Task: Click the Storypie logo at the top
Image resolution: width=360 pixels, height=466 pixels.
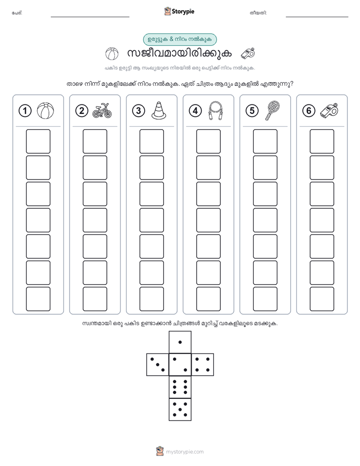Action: [x=179, y=12]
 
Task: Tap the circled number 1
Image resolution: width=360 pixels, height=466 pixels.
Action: [x=25, y=111]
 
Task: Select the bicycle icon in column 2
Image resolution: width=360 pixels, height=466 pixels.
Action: [x=102, y=110]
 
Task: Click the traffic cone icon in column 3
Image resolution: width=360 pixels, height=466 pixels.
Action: [x=159, y=110]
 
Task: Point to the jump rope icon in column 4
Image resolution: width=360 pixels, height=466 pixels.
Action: [x=216, y=110]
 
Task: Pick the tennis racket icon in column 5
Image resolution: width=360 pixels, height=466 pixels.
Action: [x=272, y=110]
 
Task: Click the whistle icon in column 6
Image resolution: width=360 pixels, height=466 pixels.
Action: [x=329, y=110]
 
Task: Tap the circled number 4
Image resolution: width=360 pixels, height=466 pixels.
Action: [x=195, y=111]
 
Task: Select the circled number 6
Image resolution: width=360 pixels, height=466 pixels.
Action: [x=309, y=111]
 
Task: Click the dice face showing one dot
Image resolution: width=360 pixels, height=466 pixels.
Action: [x=180, y=342]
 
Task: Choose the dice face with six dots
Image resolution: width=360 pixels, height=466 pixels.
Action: [x=180, y=387]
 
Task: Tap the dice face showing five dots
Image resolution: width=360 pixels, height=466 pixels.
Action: [x=180, y=410]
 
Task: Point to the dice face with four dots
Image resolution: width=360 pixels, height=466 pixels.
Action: [x=203, y=365]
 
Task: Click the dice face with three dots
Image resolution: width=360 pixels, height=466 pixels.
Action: [x=158, y=365]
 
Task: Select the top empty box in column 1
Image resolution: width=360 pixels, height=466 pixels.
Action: [x=38, y=141]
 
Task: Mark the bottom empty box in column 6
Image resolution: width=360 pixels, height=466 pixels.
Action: [x=322, y=299]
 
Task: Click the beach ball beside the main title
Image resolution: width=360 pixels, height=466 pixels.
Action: [x=112, y=54]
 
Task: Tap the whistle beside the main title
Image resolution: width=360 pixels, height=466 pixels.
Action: [x=248, y=53]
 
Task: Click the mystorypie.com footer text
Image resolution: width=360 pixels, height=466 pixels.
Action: [x=185, y=452]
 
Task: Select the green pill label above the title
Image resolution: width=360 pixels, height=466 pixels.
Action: [x=180, y=39]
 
